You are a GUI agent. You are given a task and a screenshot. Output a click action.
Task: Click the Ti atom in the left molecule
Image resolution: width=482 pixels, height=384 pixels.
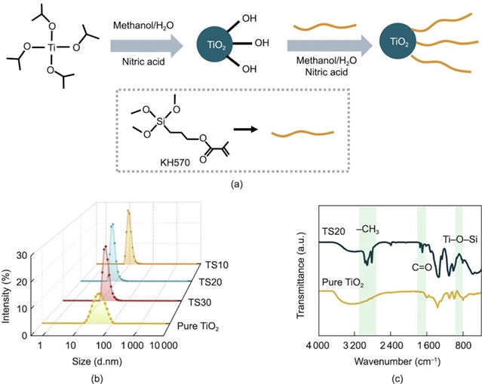point(51,46)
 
